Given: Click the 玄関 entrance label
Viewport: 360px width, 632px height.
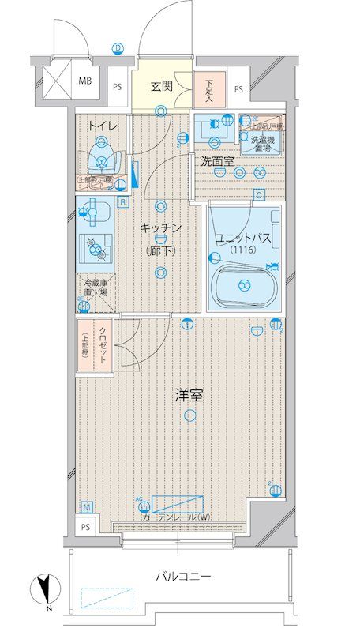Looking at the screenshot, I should click(x=163, y=87).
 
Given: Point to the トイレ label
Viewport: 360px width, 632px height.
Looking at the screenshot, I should click(x=103, y=126).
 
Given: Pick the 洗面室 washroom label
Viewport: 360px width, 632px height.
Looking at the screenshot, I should click(x=216, y=161).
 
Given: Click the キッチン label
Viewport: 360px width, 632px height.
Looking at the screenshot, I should click(x=161, y=228).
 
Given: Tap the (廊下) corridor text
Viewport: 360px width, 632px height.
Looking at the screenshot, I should click(x=161, y=251).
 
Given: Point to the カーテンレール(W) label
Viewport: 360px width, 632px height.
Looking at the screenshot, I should click(x=177, y=517).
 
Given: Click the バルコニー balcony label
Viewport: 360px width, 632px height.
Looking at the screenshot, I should click(x=182, y=577).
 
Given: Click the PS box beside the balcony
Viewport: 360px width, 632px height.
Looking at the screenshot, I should click(x=84, y=527).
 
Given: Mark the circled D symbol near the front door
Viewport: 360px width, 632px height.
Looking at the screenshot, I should click(x=118, y=48).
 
